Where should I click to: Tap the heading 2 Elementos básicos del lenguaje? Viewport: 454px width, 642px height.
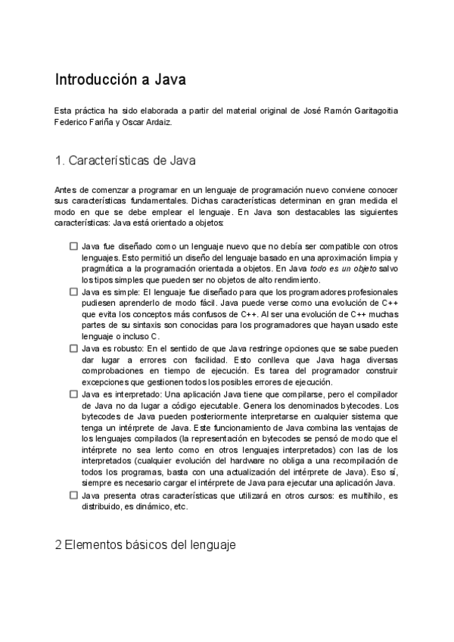point(146,544)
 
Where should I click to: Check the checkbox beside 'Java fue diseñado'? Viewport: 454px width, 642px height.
point(73,247)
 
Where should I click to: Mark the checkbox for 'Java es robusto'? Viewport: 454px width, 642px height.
point(73,347)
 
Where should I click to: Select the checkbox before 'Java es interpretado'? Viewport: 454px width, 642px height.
point(73,394)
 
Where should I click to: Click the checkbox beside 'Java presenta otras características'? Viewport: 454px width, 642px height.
point(73,496)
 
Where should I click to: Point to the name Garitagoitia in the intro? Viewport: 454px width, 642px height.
point(362,111)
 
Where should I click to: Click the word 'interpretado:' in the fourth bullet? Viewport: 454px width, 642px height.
point(138,394)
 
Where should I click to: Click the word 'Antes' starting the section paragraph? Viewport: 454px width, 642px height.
point(65,189)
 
